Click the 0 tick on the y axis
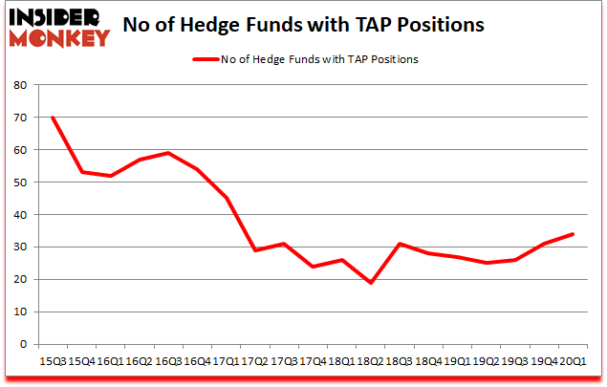pyautogui.click(x=22, y=344)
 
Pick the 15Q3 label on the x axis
pyautogui.click(x=53, y=362)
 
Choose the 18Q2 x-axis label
pyautogui.click(x=370, y=362)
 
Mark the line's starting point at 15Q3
pyautogui.click(x=53, y=118)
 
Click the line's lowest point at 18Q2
pyautogui.click(x=370, y=283)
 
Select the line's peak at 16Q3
pyautogui.click(x=168, y=153)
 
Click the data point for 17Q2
pyautogui.click(x=254, y=250)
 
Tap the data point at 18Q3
pyautogui.click(x=399, y=244)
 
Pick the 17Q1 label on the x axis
pyautogui.click(x=226, y=362)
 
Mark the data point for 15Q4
pyautogui.click(x=81, y=172)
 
